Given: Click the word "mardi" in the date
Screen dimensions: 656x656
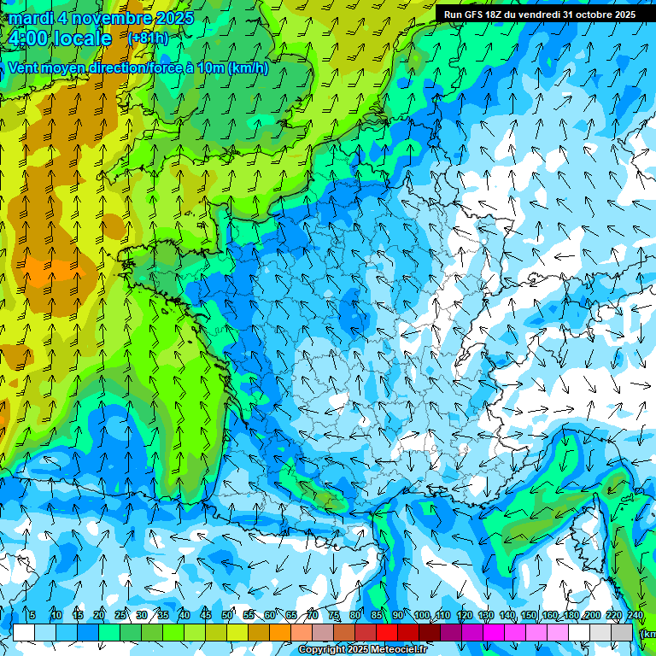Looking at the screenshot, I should (x=31, y=18).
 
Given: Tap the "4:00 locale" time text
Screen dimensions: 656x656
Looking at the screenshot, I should (x=60, y=38).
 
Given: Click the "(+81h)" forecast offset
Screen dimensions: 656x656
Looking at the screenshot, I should (x=148, y=38).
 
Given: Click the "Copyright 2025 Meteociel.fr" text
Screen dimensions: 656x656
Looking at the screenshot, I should (x=362, y=650).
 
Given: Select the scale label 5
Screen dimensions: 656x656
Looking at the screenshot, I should (x=32, y=616).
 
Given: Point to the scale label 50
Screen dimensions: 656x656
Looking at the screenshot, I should (x=227, y=616).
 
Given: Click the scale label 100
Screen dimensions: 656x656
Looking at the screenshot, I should (x=421, y=616).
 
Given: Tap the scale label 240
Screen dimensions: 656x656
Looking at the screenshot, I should (x=635, y=616).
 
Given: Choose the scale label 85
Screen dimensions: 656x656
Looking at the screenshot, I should (x=377, y=616).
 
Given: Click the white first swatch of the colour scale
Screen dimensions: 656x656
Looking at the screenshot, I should (x=24, y=632).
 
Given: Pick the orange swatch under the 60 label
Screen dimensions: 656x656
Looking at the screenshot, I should (x=280, y=632).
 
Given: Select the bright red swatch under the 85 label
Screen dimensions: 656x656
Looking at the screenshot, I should (x=387, y=632).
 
